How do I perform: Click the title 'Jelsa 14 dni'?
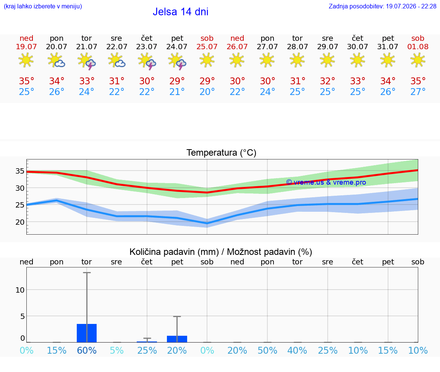point(180,12)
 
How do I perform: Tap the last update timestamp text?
point(382,6)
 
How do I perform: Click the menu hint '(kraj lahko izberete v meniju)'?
point(43,6)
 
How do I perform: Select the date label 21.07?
point(87,47)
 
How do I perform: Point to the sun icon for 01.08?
point(417,60)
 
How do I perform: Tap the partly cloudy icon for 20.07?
point(57,60)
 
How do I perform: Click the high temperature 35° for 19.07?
point(26,81)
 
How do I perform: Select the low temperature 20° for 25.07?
point(207,92)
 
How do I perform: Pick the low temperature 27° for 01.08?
point(418,92)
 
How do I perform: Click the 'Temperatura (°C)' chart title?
point(222,153)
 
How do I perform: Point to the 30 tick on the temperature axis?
point(20,188)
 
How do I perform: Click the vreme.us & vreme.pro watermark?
point(326,182)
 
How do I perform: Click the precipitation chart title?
point(220,252)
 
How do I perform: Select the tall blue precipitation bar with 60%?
point(87,333)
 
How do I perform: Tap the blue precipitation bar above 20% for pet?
point(177,339)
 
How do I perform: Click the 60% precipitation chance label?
point(87,350)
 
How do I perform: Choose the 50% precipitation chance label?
point(267,350)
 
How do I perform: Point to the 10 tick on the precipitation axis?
point(20,290)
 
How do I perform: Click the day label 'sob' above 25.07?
point(207,38)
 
